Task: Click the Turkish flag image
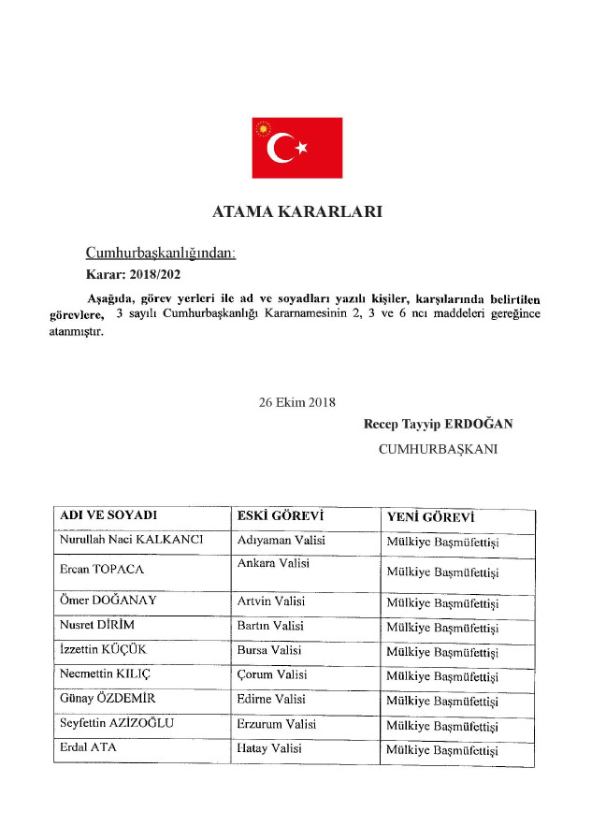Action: click(x=296, y=148)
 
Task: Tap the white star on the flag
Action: click(x=301, y=148)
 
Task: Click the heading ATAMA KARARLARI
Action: click(x=296, y=211)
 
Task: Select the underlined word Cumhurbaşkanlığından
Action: click(x=161, y=253)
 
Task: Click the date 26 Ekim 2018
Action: click(x=296, y=402)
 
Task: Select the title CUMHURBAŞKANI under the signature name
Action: click(x=438, y=449)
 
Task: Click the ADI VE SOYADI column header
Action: click(x=108, y=516)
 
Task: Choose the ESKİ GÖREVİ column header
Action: click(x=281, y=516)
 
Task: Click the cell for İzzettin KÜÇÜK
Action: click(x=105, y=650)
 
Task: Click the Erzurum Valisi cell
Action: click(x=278, y=724)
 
